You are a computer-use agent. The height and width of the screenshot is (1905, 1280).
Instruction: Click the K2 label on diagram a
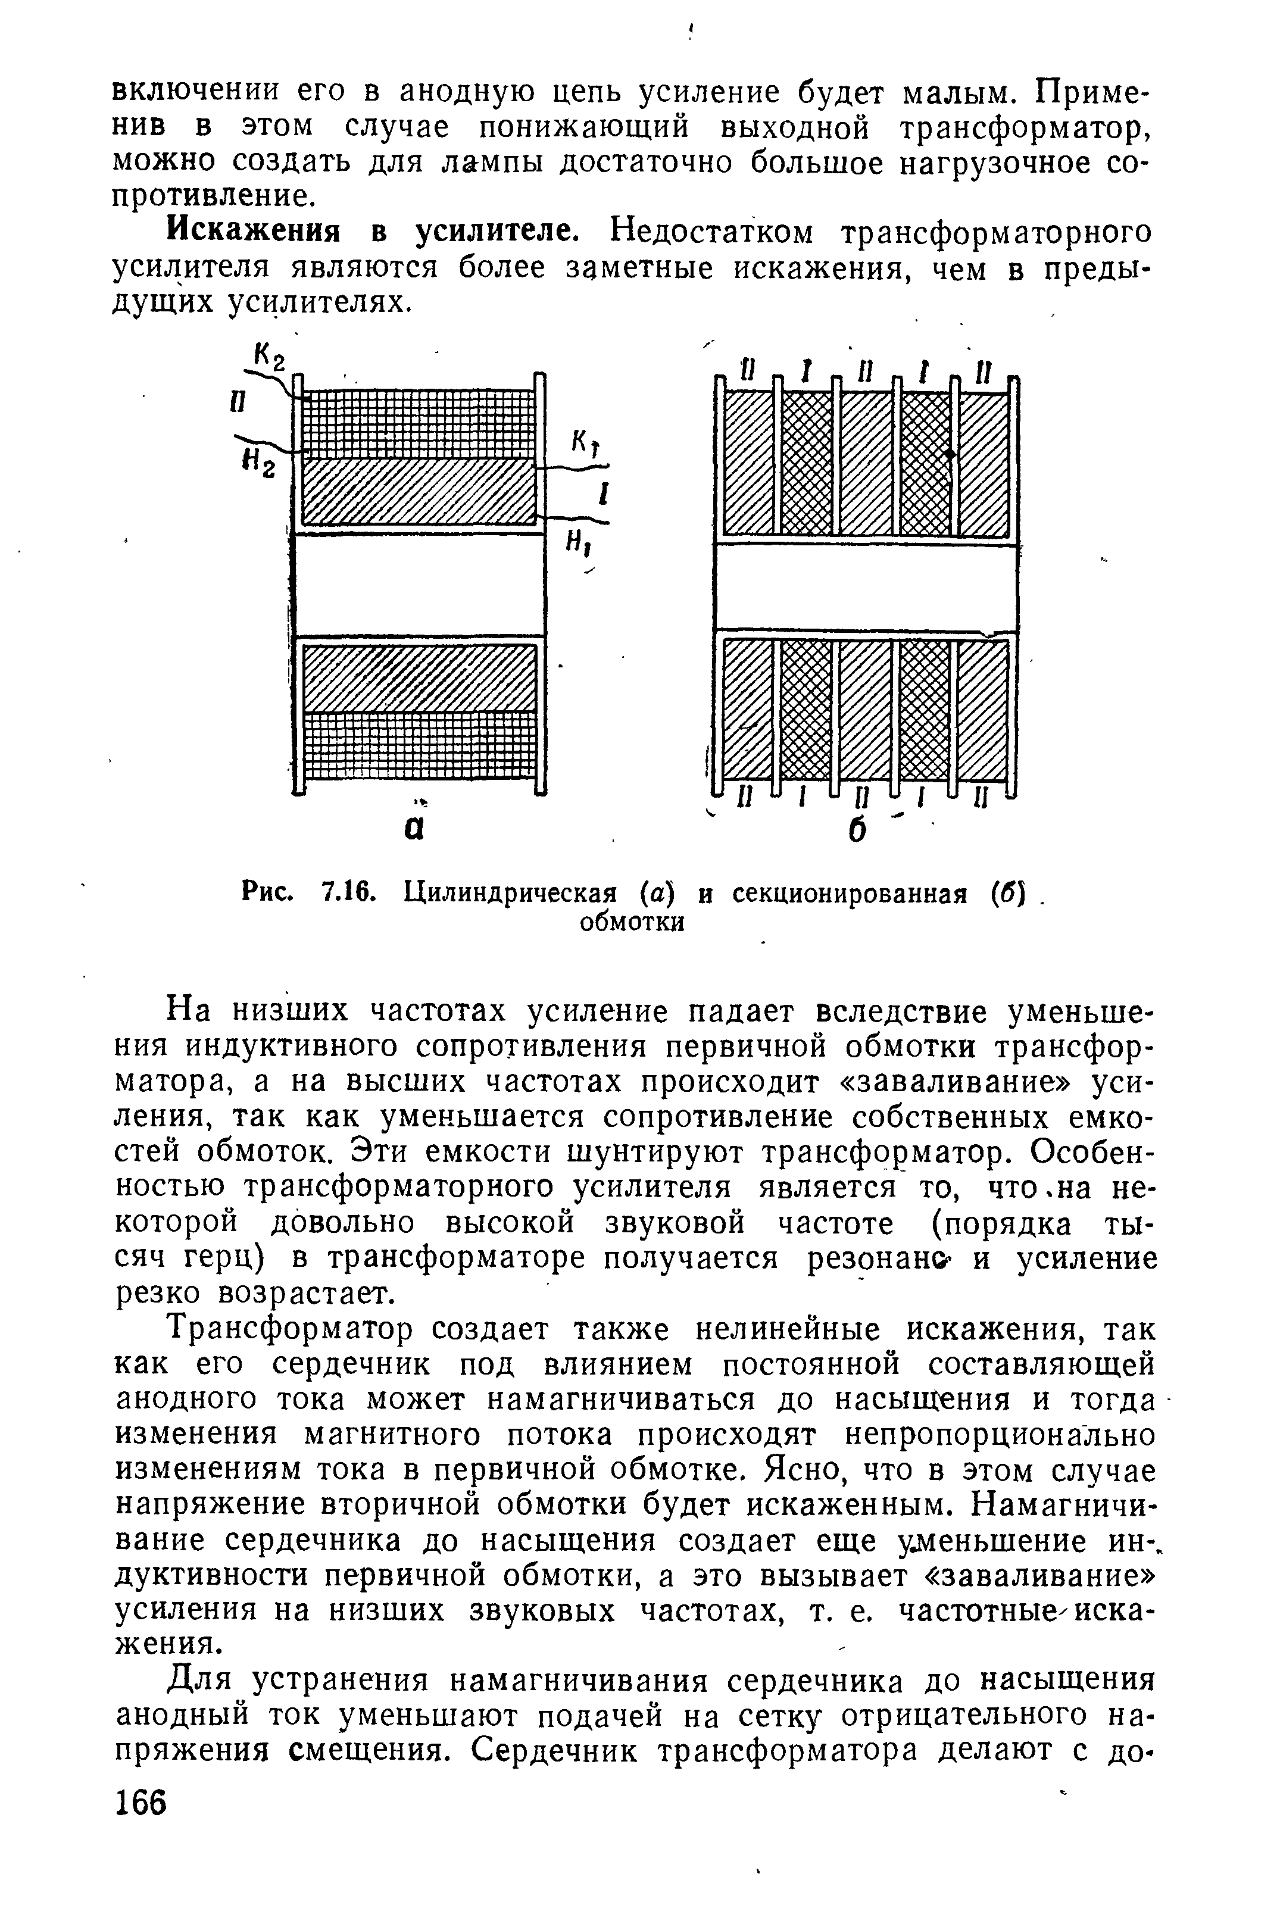[269, 358]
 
